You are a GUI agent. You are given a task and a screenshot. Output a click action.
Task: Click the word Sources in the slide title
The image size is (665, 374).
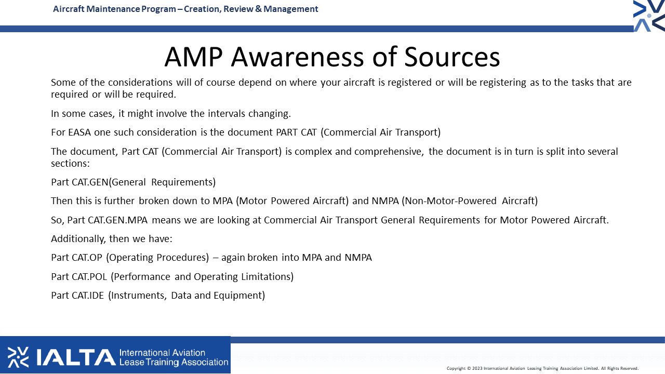[452, 57]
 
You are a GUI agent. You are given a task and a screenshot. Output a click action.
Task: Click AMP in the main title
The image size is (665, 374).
[194, 57]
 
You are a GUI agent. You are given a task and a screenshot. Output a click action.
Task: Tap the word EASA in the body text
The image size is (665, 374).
[79, 132]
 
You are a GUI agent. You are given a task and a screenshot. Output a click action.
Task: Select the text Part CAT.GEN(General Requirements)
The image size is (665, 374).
[134, 182]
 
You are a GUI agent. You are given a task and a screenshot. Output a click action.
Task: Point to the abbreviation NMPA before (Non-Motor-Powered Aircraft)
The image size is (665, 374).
[385, 201]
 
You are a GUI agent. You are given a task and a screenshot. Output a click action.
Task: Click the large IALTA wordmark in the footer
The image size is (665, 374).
[76, 357]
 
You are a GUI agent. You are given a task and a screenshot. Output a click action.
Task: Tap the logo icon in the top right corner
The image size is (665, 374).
[649, 16]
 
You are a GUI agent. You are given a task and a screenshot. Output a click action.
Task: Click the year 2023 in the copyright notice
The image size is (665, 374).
[477, 368]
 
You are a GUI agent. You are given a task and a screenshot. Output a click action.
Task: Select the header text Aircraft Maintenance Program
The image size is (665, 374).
[114, 9]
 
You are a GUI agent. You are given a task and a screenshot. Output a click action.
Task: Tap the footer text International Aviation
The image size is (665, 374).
[162, 353]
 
